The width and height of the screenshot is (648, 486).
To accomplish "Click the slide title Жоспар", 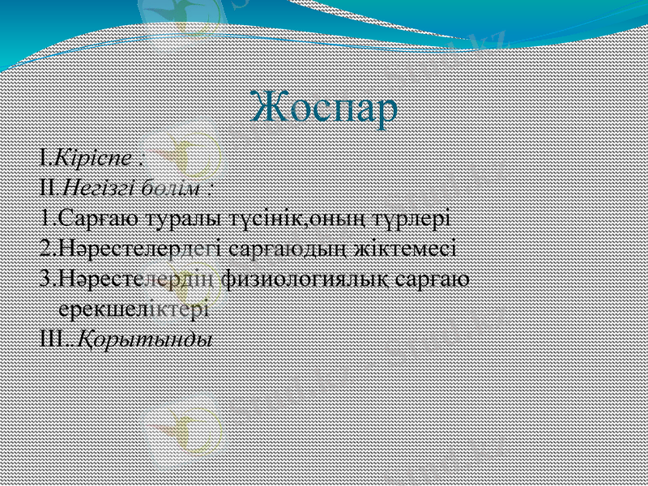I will pyautogui.click(x=324, y=107).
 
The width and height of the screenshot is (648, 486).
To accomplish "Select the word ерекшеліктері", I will pyautogui.click(x=134, y=309).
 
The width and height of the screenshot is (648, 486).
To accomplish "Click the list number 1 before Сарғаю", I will pyautogui.click(x=44, y=218).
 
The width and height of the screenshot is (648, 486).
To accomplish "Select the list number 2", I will pyautogui.click(x=45, y=249).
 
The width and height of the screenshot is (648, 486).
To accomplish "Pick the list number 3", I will pyautogui.click(x=45, y=279).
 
